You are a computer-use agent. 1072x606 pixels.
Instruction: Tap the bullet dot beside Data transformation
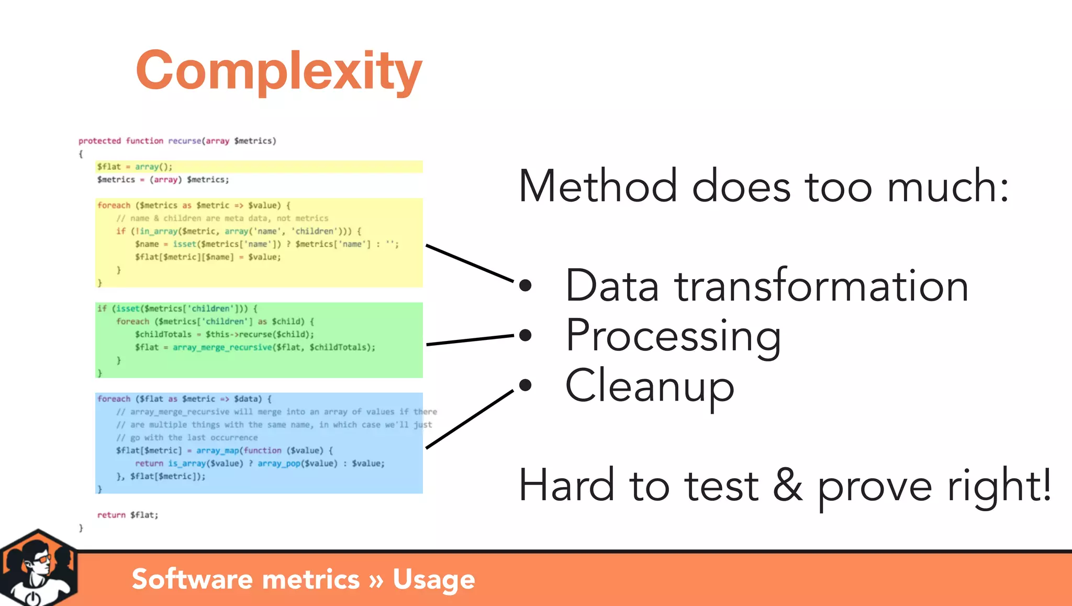tap(525, 285)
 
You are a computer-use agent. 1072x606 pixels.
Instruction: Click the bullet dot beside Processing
tap(525, 335)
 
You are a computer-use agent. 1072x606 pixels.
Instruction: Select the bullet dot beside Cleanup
tap(525, 385)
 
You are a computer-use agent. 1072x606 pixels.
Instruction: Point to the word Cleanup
tap(650, 387)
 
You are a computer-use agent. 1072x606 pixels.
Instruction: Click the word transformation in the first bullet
tap(821, 287)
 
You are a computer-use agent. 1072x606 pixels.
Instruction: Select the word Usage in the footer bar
tap(433, 579)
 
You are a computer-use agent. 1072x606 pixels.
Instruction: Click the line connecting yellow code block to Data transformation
tap(470, 263)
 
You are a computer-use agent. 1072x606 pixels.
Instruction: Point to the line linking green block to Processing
tap(470, 340)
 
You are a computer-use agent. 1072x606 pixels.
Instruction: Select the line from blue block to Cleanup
tap(470, 420)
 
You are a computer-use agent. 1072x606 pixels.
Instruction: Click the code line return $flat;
tap(127, 515)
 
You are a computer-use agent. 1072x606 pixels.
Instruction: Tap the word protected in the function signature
tap(99, 141)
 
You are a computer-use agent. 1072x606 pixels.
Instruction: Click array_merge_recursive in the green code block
tap(222, 347)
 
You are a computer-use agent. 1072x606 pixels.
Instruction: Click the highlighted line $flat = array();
tap(135, 167)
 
